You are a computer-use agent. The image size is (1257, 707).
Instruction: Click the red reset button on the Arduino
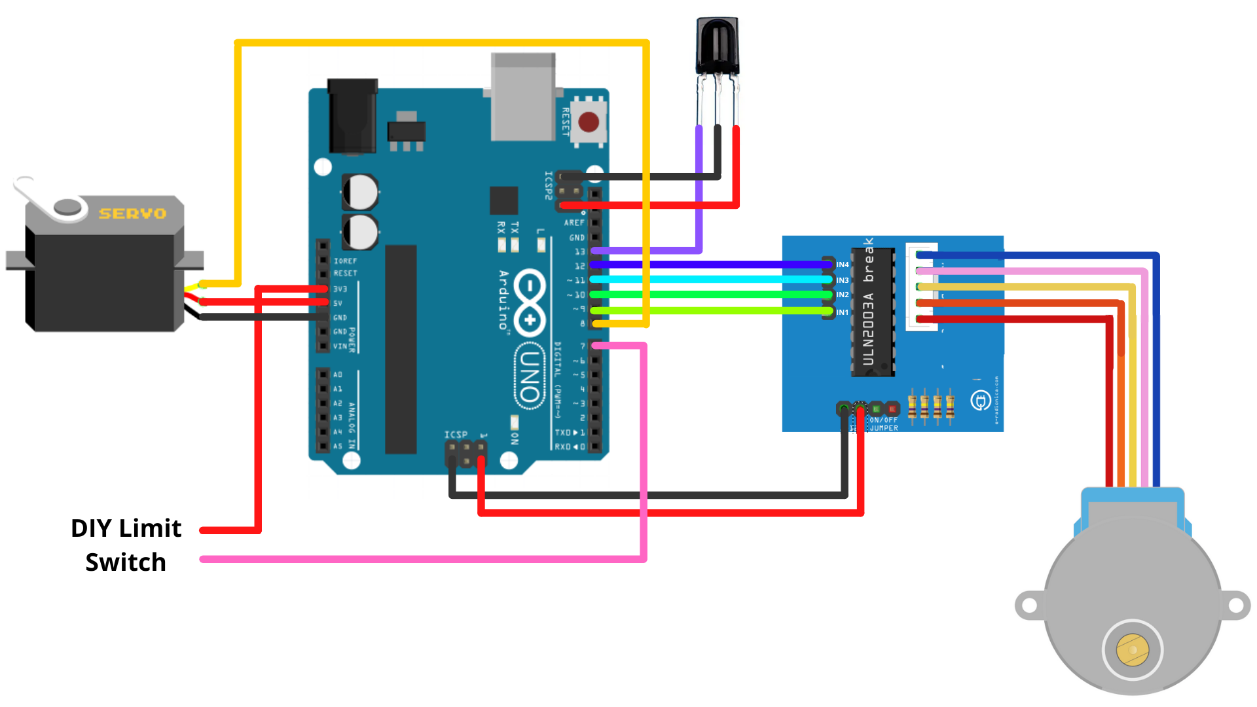click(588, 122)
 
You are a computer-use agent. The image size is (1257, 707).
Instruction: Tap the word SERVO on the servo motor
click(132, 213)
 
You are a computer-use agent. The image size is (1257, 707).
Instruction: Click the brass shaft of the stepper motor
click(1132, 649)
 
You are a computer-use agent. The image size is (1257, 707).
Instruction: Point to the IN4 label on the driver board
click(842, 264)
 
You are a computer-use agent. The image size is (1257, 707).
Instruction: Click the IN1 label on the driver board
click(842, 312)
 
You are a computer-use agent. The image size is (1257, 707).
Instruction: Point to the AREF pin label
click(574, 223)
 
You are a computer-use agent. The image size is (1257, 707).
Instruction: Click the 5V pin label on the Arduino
click(338, 303)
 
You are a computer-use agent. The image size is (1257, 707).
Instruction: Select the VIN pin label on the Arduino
click(340, 346)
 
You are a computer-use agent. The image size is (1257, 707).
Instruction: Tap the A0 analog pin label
click(338, 374)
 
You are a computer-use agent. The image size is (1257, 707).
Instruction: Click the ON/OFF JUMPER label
click(883, 424)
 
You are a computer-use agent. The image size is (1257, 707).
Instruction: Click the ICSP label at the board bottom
click(456, 435)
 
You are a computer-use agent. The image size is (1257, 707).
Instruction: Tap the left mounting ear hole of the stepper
click(1030, 606)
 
